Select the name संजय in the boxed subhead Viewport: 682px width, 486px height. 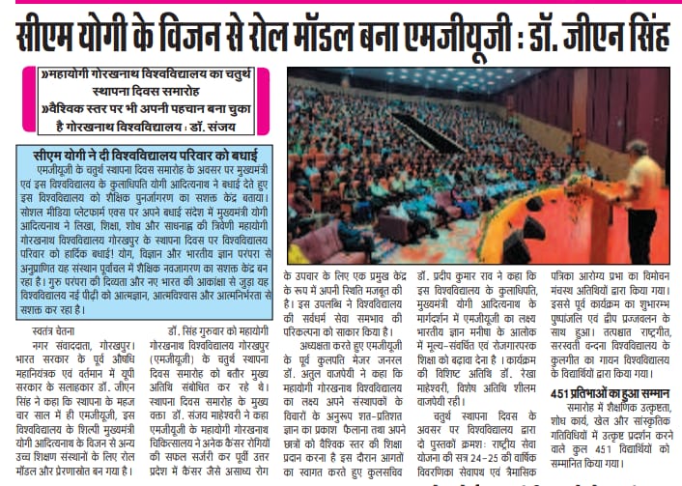(x=235, y=127)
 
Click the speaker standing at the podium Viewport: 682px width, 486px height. (x=639, y=198)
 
